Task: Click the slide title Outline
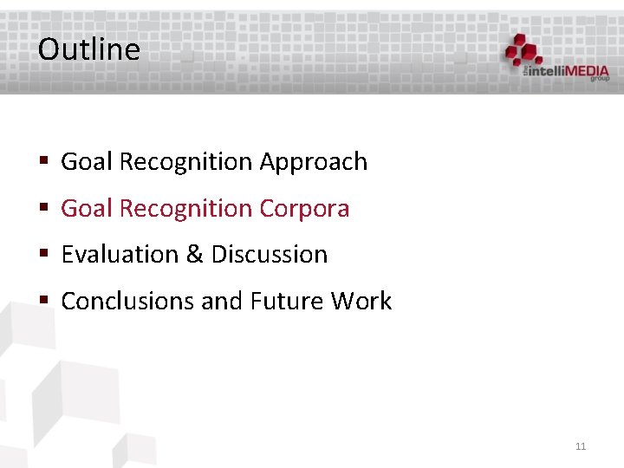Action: [88, 49]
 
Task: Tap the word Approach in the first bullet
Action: [313, 162]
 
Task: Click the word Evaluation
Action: [120, 255]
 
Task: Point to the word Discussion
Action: [270, 255]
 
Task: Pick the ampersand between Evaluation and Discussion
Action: [195, 255]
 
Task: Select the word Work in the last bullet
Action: [361, 302]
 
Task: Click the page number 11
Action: [581, 446]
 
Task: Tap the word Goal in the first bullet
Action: [87, 162]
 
